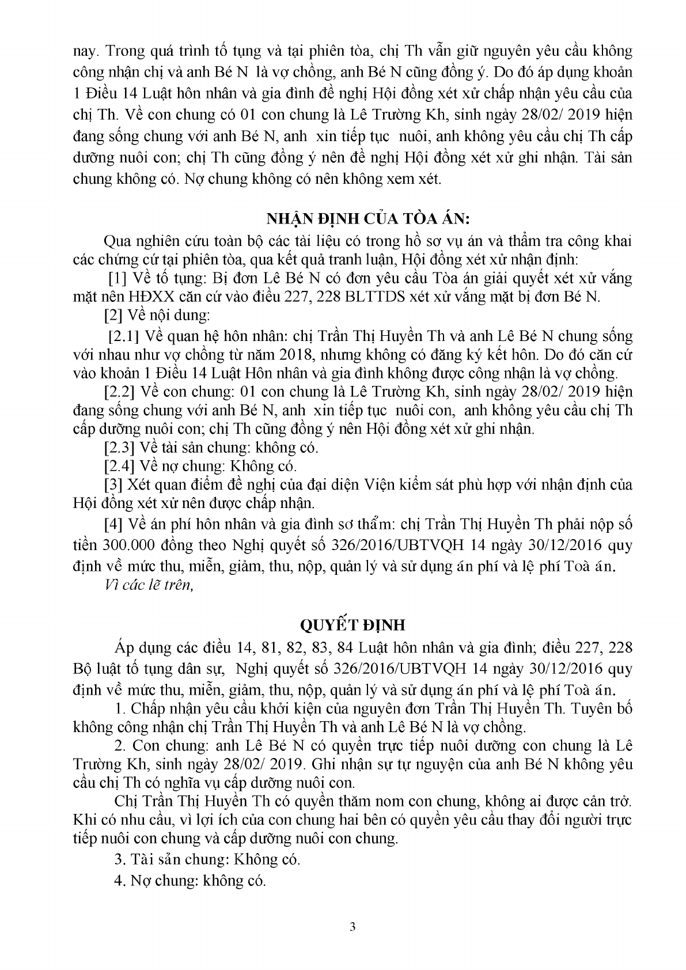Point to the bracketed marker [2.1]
click(124, 335)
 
